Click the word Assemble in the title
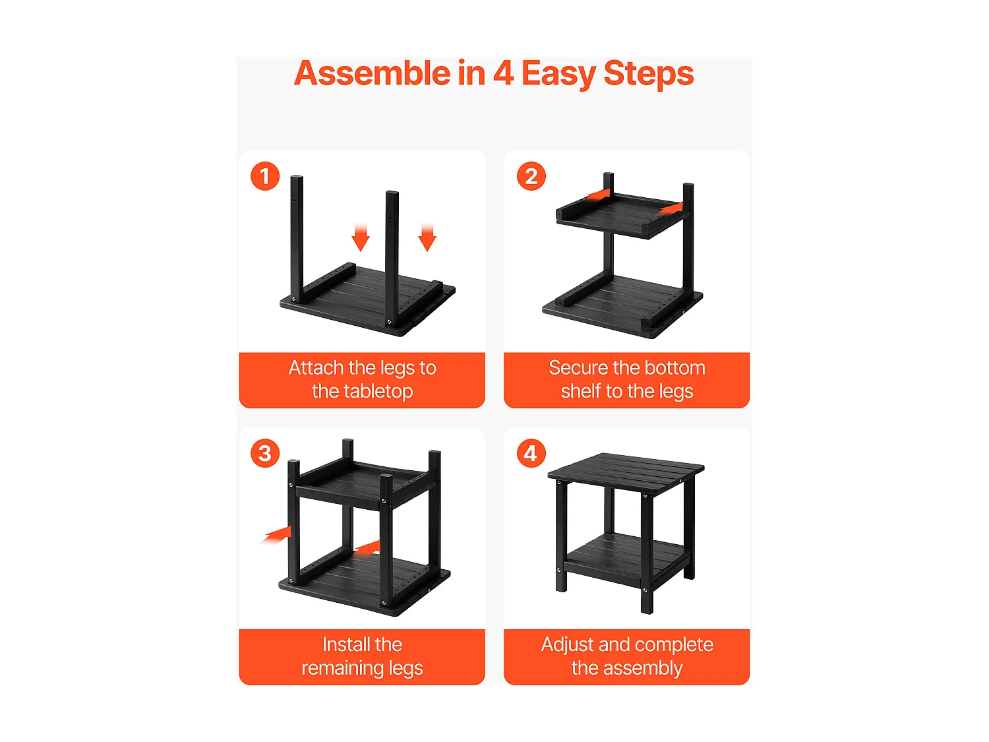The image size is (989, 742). (x=372, y=73)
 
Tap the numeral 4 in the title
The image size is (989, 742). (x=503, y=73)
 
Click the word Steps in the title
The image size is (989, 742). (x=648, y=75)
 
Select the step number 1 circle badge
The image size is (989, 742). (x=265, y=176)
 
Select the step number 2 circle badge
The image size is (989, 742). (x=531, y=176)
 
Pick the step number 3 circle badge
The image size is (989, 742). (x=265, y=453)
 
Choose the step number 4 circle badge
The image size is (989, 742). (x=531, y=453)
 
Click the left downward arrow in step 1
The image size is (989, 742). (x=361, y=237)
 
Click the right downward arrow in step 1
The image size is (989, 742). (x=427, y=237)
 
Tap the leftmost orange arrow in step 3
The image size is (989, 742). (x=276, y=535)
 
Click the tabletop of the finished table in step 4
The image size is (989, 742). (x=626, y=469)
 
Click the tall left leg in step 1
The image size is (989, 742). (x=297, y=238)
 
